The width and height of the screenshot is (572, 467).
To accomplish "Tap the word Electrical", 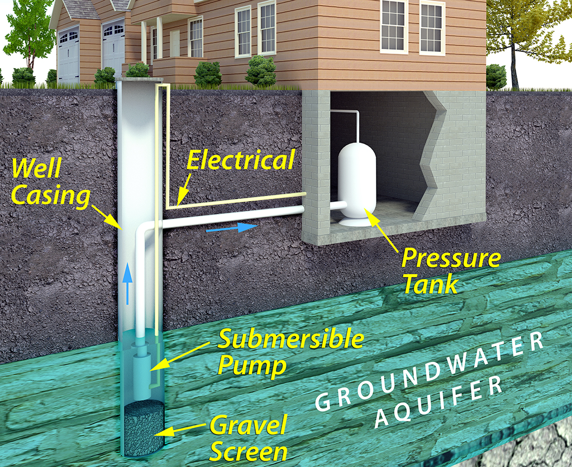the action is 240,160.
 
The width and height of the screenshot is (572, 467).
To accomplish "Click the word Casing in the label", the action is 50,196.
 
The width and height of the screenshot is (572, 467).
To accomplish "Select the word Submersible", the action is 290,339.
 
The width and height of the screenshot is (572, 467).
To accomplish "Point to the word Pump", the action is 251,366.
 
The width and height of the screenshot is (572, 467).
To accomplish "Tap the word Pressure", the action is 451,259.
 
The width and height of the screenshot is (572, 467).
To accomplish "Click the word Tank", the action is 430,285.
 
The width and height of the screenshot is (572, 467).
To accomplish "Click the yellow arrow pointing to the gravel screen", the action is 184,429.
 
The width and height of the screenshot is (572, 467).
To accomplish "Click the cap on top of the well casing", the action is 139,82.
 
